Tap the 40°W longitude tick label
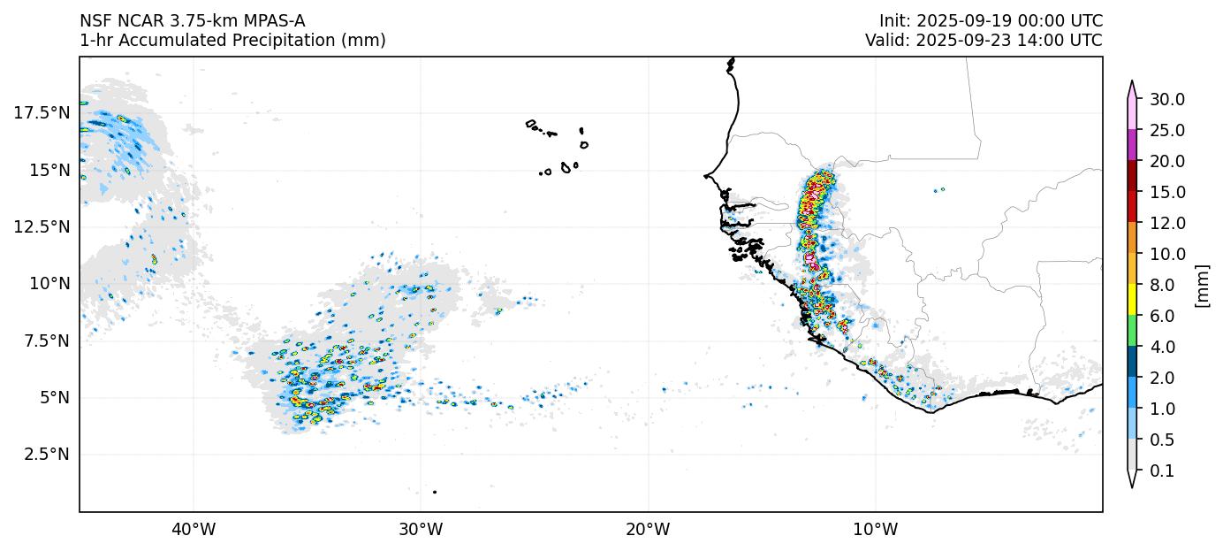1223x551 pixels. (194, 530)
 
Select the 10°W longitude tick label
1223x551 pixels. (876, 530)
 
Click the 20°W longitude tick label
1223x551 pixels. (648, 530)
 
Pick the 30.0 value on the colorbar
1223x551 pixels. (1167, 99)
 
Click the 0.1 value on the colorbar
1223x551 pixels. (1162, 471)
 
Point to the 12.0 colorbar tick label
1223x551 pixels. (1167, 223)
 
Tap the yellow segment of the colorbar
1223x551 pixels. (1132, 300)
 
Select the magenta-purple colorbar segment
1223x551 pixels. (1132, 145)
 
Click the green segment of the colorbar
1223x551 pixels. (1132, 331)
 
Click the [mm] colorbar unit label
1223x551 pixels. (1202, 285)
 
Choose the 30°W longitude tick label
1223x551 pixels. (421, 530)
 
